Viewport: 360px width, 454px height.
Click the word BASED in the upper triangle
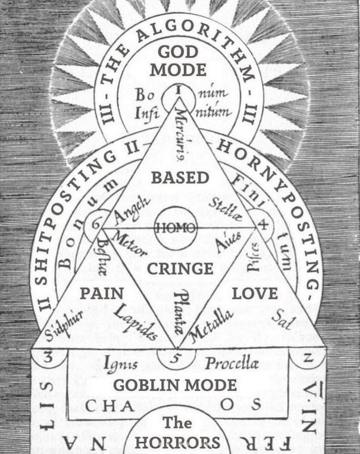(179, 178)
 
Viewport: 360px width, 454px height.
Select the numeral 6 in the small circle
(94, 222)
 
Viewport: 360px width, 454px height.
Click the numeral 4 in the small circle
(263, 222)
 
